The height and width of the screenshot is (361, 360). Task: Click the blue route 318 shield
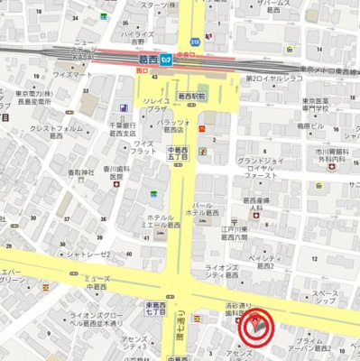(x=195, y=42)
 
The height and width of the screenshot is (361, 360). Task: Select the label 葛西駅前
(x=191, y=95)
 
